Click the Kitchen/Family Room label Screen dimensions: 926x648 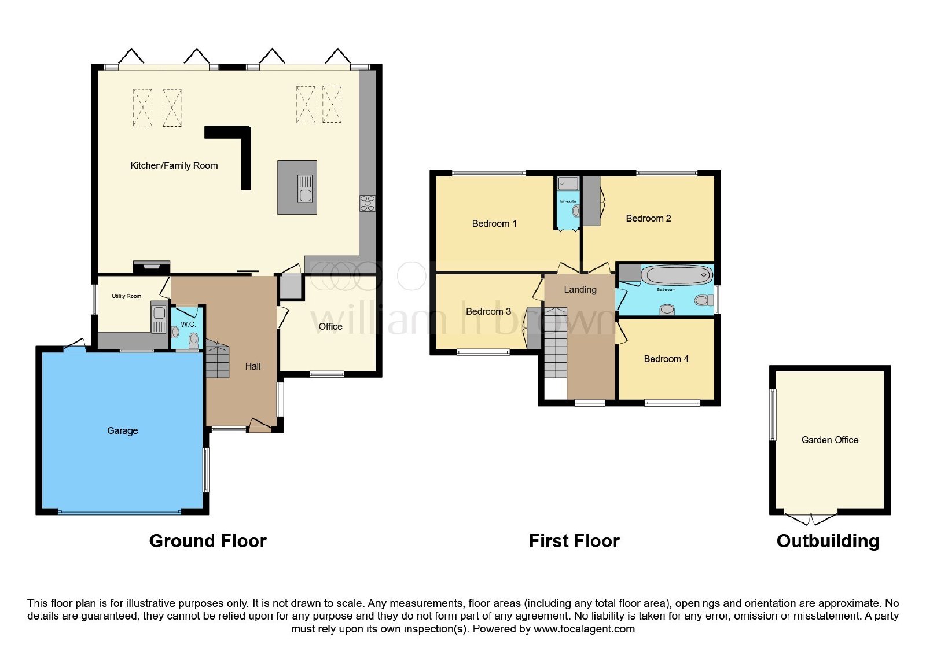point(174,165)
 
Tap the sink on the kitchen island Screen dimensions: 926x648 point(305,189)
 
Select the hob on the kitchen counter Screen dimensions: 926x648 point(368,203)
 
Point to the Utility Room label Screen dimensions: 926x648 point(127,296)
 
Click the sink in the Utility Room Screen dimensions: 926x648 point(159,318)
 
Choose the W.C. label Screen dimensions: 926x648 point(189,325)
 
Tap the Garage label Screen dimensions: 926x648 point(122,430)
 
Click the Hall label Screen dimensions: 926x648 point(253,367)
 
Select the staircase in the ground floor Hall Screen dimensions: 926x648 point(218,359)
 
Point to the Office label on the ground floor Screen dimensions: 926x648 point(330,326)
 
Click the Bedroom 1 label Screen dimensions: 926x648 point(494,223)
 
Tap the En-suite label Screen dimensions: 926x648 point(568,201)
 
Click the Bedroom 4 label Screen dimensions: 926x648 point(666,359)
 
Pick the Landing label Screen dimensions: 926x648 point(580,290)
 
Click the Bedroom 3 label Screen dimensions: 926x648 point(488,312)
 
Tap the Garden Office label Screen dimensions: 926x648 point(830,440)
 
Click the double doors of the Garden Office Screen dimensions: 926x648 point(811,518)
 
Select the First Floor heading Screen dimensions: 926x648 point(574,541)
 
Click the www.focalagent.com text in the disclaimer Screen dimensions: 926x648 point(584,629)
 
